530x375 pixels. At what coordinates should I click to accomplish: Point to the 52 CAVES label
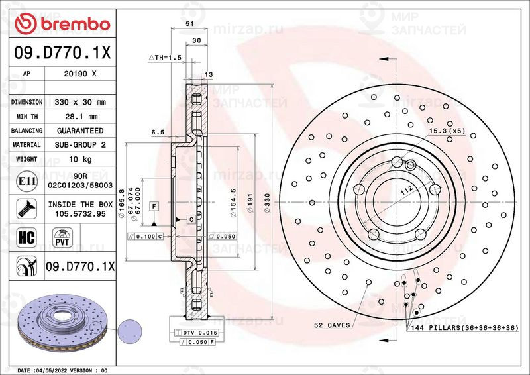tap(332, 325)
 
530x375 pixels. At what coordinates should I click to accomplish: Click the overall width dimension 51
tap(190, 23)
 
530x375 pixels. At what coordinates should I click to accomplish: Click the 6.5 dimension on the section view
tap(158, 133)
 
